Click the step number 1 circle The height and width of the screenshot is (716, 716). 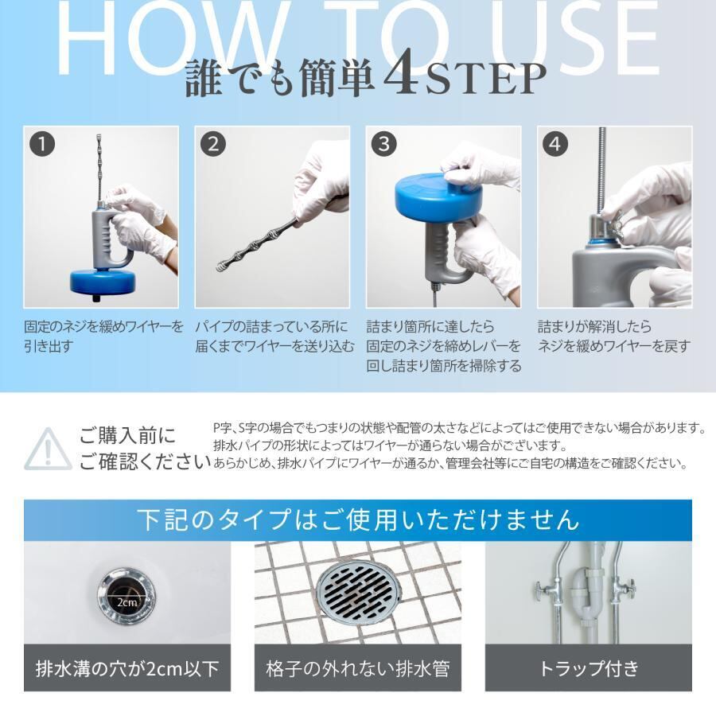click(42, 144)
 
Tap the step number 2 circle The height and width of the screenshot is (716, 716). click(213, 144)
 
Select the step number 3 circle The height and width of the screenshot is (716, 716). click(384, 144)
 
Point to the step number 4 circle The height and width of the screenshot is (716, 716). click(555, 144)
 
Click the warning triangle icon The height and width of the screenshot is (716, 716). click(48, 449)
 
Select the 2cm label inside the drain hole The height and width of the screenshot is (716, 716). click(126, 603)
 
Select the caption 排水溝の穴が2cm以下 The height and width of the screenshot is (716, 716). click(127, 668)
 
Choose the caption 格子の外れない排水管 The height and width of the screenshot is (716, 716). click(358, 668)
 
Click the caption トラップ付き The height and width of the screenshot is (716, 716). click(589, 668)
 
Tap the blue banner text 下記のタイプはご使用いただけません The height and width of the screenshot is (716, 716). click(358, 519)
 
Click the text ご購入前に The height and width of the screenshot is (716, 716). click(127, 436)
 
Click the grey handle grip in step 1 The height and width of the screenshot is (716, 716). click(103, 239)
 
